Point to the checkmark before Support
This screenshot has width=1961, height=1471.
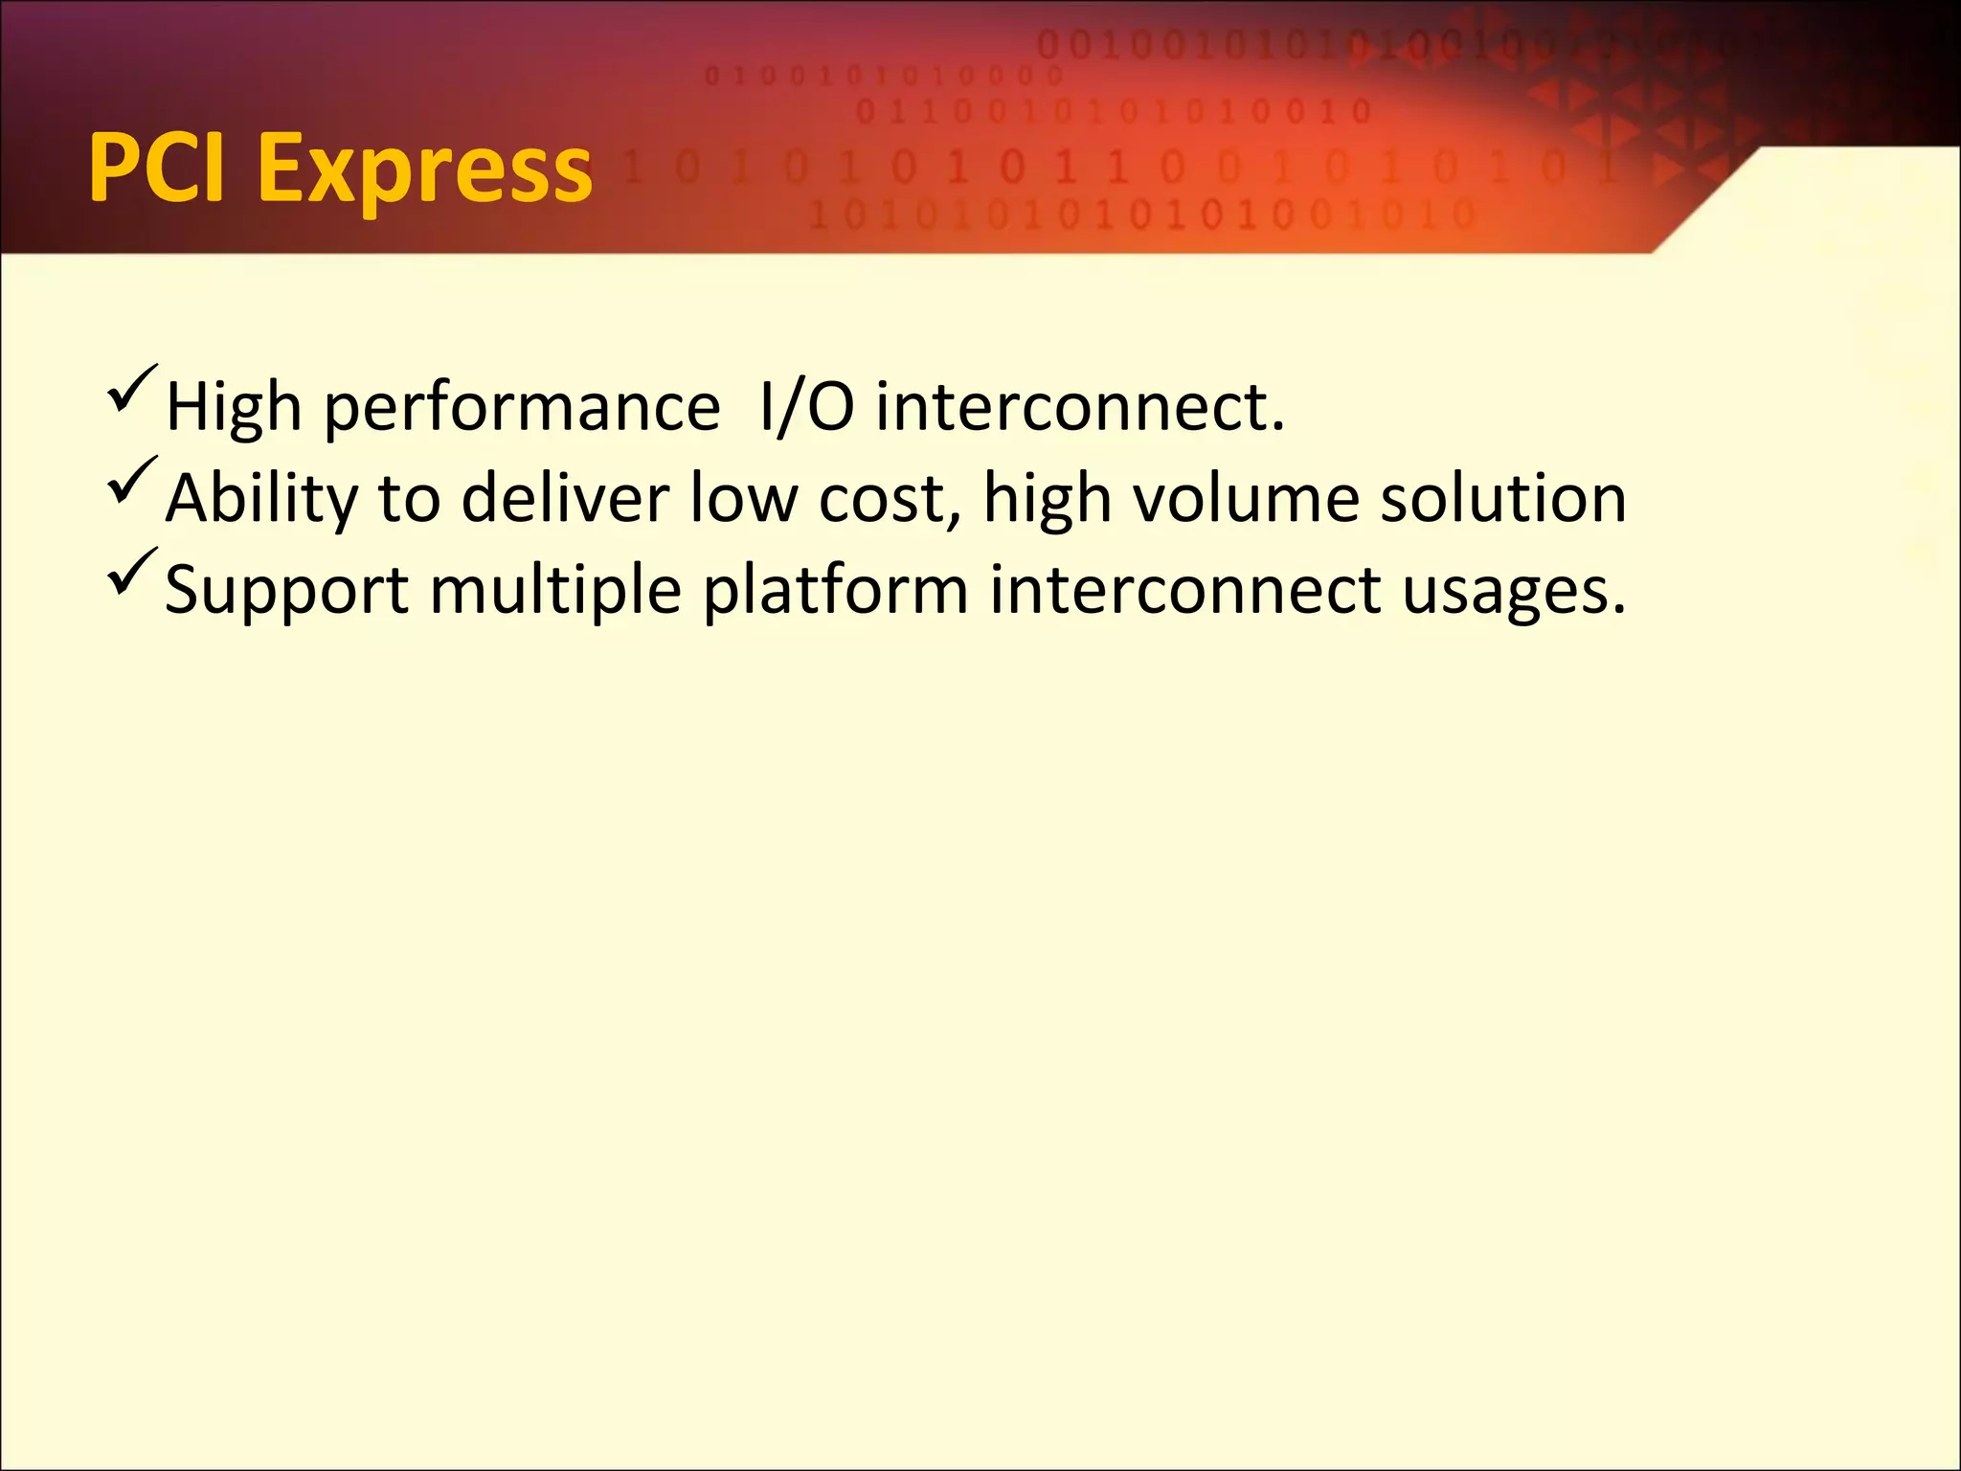click(x=131, y=571)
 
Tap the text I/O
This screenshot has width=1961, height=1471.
click(x=805, y=407)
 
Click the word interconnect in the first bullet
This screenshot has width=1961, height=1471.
click(x=1079, y=407)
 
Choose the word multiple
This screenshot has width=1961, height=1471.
click(x=555, y=591)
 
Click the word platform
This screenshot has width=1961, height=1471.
click(x=835, y=589)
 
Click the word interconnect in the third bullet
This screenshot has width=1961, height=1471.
click(x=1185, y=589)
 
